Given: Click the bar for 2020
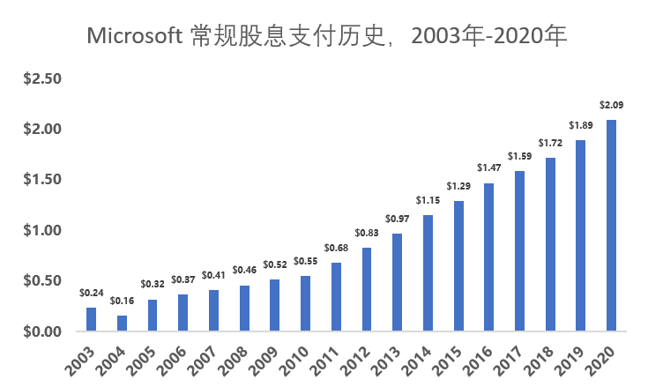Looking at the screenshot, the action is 611,226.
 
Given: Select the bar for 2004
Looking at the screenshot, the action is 122,323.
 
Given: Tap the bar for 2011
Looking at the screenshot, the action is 336,296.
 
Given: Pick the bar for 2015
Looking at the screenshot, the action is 458,266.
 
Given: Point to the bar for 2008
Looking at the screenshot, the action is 244,309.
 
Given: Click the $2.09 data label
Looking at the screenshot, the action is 611,105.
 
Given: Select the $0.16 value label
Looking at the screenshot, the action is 122,301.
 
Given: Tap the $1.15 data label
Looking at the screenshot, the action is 428,200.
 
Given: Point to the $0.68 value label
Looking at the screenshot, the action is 336,248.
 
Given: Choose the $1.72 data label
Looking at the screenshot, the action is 550,143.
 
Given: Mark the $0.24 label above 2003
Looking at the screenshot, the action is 92,293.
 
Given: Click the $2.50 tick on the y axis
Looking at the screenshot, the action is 42,78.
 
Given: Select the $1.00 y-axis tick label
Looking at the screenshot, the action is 42,230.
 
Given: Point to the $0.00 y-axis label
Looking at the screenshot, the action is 42,331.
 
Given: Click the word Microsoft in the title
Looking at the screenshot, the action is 135,35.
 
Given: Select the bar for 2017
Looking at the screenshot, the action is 519,251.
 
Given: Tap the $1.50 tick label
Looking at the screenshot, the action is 42,179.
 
